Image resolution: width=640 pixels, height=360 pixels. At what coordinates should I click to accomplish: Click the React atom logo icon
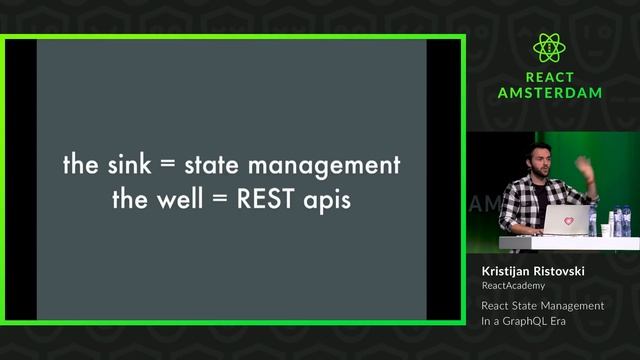pos(550,48)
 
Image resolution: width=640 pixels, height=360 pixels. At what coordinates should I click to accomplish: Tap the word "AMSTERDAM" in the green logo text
pos(550,93)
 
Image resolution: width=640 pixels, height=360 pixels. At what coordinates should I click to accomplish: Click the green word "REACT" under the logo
pos(550,77)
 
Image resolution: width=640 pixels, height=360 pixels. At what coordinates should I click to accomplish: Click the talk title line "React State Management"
pos(542,305)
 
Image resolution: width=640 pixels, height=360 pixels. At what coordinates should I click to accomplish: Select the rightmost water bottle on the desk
pos(626,221)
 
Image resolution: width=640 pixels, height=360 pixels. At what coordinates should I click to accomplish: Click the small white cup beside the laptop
pos(606,229)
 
